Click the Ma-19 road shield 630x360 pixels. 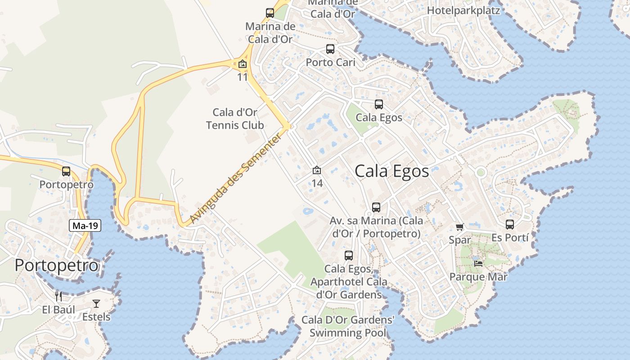click(85, 226)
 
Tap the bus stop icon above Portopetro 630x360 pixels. click(66, 171)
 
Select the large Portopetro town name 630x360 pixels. click(56, 265)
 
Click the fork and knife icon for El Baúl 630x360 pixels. click(58, 296)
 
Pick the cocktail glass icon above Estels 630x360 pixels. click(96, 304)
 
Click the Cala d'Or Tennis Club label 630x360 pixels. click(235, 119)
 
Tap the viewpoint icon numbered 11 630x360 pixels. click(243, 64)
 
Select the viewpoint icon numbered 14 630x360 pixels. click(317, 170)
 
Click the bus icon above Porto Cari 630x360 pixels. click(330, 49)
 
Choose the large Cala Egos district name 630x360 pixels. click(391, 171)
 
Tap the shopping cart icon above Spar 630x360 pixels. click(459, 227)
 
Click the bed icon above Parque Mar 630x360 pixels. click(478, 263)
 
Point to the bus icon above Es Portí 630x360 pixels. click(510, 224)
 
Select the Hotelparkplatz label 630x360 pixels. click(463, 10)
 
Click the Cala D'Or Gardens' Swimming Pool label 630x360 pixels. click(348, 327)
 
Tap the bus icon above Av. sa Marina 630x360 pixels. click(376, 207)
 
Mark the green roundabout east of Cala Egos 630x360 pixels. click(481, 172)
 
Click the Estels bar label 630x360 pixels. click(96, 317)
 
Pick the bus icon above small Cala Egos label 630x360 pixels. click(379, 104)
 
